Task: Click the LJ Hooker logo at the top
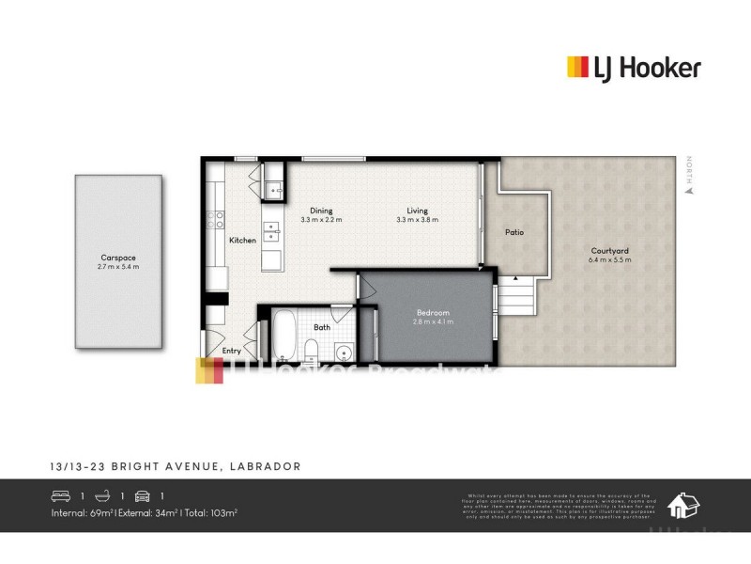[x=634, y=68]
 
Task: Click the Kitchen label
[x=242, y=241]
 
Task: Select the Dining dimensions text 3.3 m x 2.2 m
[x=321, y=220]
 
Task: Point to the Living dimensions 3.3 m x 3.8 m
[x=418, y=220]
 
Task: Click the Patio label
[x=514, y=232]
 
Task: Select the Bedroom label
[x=432, y=312]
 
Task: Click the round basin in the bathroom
[x=344, y=354]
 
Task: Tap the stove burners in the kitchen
[x=220, y=219]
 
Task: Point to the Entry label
[x=231, y=351]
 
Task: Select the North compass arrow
[x=687, y=189]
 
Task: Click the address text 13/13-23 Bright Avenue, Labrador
[x=176, y=466]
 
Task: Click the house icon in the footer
[x=682, y=507]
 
